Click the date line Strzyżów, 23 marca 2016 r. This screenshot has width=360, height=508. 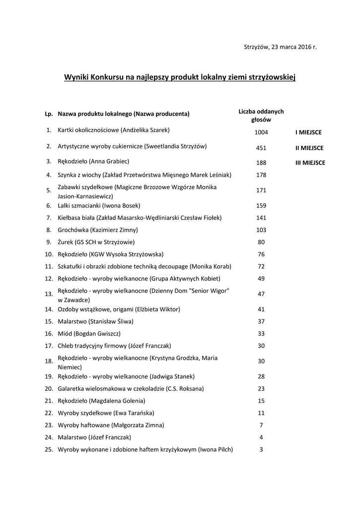[x=280, y=47]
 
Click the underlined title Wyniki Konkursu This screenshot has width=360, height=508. [x=180, y=77]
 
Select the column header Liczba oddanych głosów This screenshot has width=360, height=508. [x=261, y=116]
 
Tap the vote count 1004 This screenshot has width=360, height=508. [x=261, y=132]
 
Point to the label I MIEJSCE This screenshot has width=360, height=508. [x=308, y=132]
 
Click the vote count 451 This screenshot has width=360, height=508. [x=261, y=148]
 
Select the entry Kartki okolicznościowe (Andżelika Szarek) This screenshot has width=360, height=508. [x=114, y=130]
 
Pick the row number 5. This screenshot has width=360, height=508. [x=49, y=190]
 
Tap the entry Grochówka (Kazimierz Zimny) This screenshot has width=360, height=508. [x=98, y=230]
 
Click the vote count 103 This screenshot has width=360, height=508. [x=261, y=230]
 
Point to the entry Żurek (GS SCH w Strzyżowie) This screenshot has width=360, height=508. [x=96, y=242]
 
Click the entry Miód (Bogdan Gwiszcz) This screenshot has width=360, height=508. [x=89, y=333]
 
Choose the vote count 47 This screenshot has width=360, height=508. [x=261, y=294]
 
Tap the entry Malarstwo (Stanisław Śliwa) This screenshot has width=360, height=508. [x=96, y=321]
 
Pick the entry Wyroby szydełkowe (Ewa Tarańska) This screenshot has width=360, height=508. [x=106, y=413]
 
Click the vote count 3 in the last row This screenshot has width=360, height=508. [x=261, y=450]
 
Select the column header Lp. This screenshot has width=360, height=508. [x=49, y=114]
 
